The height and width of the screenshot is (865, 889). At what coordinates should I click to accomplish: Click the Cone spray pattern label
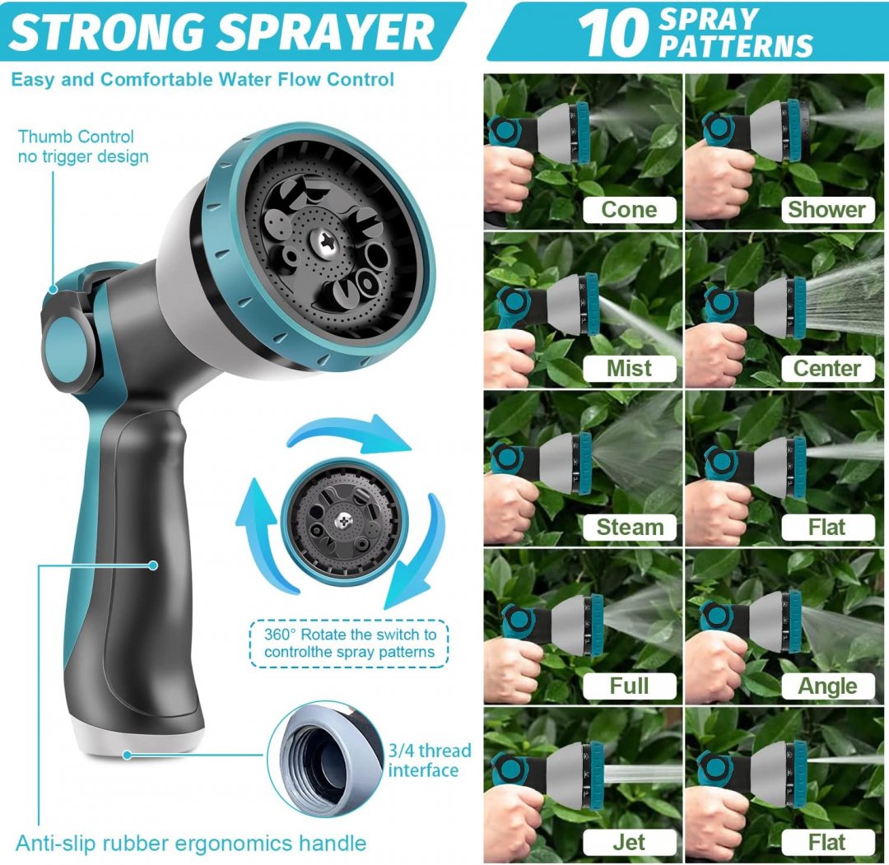(x=630, y=210)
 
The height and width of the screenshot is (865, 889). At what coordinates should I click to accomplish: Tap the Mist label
(x=630, y=369)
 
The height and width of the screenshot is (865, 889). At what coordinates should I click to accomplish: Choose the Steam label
(x=630, y=528)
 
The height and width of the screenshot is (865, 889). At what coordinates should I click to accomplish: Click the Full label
(x=630, y=686)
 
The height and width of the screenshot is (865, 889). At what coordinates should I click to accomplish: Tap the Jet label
(x=630, y=842)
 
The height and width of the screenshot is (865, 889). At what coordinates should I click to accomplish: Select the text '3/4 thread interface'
(x=429, y=760)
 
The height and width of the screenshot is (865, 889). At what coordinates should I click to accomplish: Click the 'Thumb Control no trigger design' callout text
(x=83, y=146)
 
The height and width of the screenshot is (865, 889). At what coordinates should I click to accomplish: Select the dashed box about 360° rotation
(x=349, y=643)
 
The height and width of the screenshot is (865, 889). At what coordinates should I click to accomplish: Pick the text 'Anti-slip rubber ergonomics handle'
(x=191, y=844)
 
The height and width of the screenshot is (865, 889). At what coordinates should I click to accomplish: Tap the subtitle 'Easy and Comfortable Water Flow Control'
(x=202, y=80)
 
